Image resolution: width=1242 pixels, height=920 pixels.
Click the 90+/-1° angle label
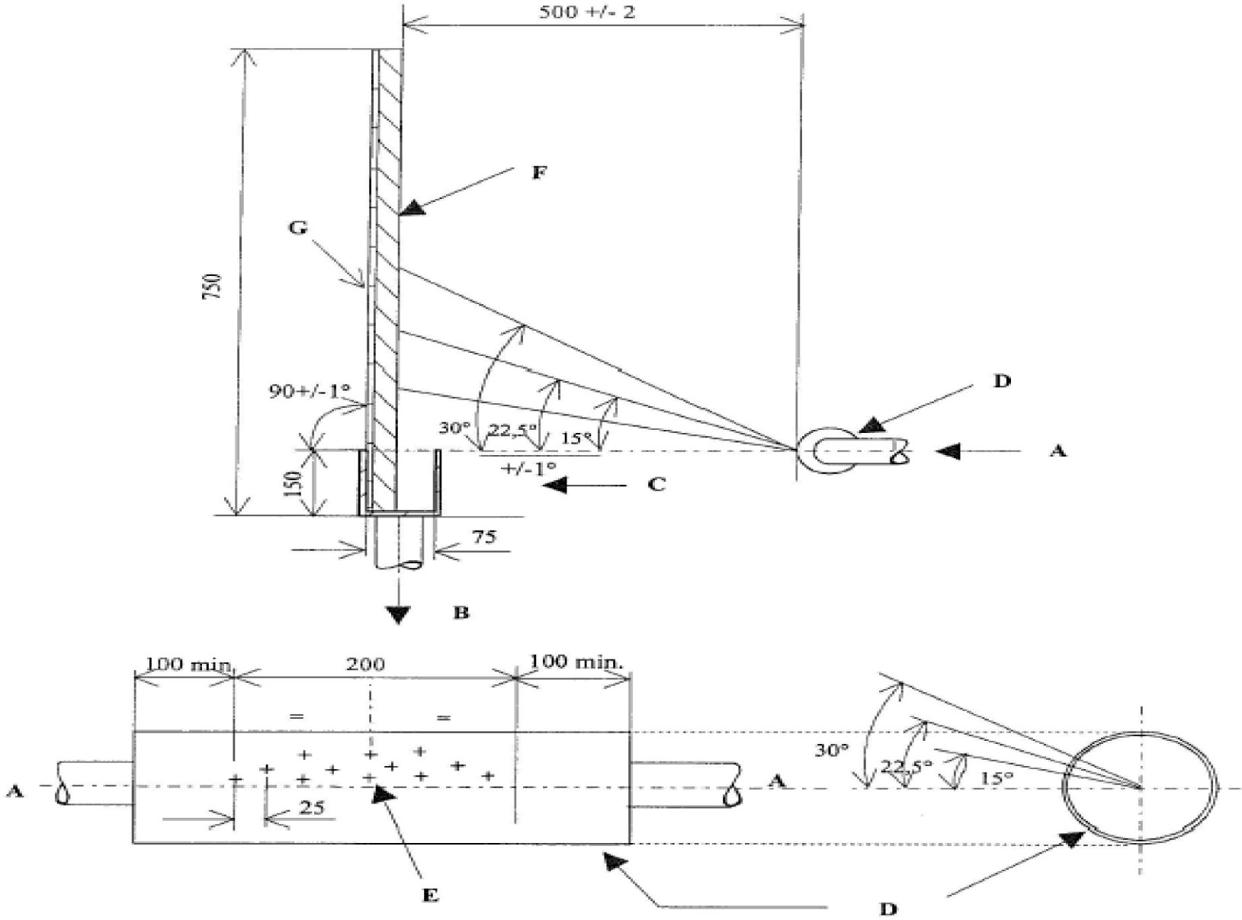tap(309, 393)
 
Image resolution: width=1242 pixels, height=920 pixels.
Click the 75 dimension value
tap(484, 537)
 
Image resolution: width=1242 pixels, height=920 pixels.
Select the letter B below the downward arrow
tap(461, 612)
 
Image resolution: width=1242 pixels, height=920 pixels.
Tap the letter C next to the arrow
tap(656, 483)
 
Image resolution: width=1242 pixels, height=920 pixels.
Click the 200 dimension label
tap(366, 664)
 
